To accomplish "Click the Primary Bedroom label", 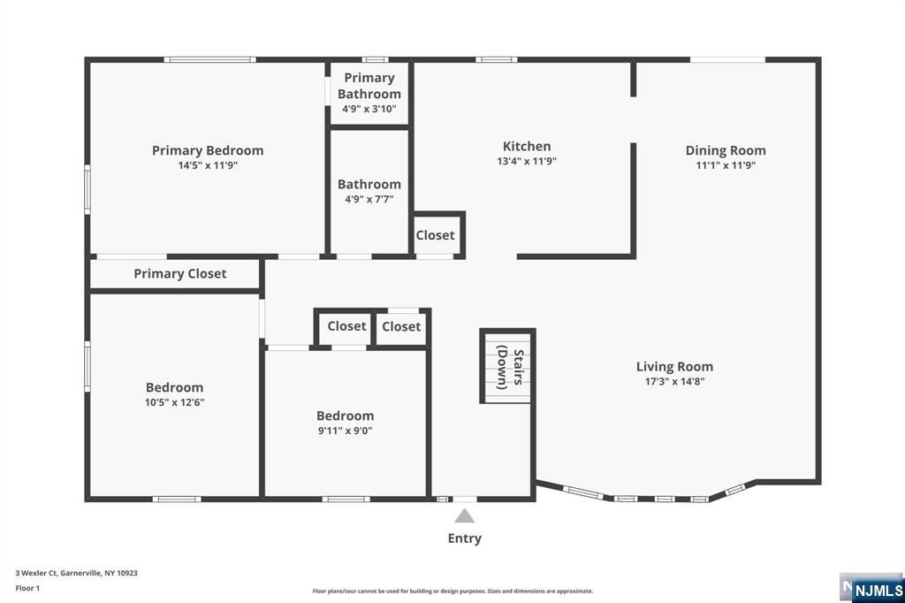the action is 208,150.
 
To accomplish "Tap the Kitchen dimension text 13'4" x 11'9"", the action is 527,161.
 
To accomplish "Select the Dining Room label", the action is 726,150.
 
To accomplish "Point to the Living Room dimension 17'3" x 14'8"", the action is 674,381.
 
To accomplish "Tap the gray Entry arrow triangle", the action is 465,515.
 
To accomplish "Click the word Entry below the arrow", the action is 465,538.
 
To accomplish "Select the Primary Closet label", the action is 180,274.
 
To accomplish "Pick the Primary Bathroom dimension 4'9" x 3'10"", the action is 369,109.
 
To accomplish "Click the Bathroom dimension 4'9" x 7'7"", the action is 369,199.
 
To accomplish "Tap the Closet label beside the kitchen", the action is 435,235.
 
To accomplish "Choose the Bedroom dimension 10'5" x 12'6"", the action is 174,402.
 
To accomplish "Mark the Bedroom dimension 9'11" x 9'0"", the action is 346,431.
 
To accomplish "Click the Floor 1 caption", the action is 27,589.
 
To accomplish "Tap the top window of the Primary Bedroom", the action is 210,59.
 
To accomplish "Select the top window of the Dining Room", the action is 728,59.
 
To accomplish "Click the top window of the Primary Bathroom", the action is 375,59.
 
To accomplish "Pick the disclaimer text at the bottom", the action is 452,591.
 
